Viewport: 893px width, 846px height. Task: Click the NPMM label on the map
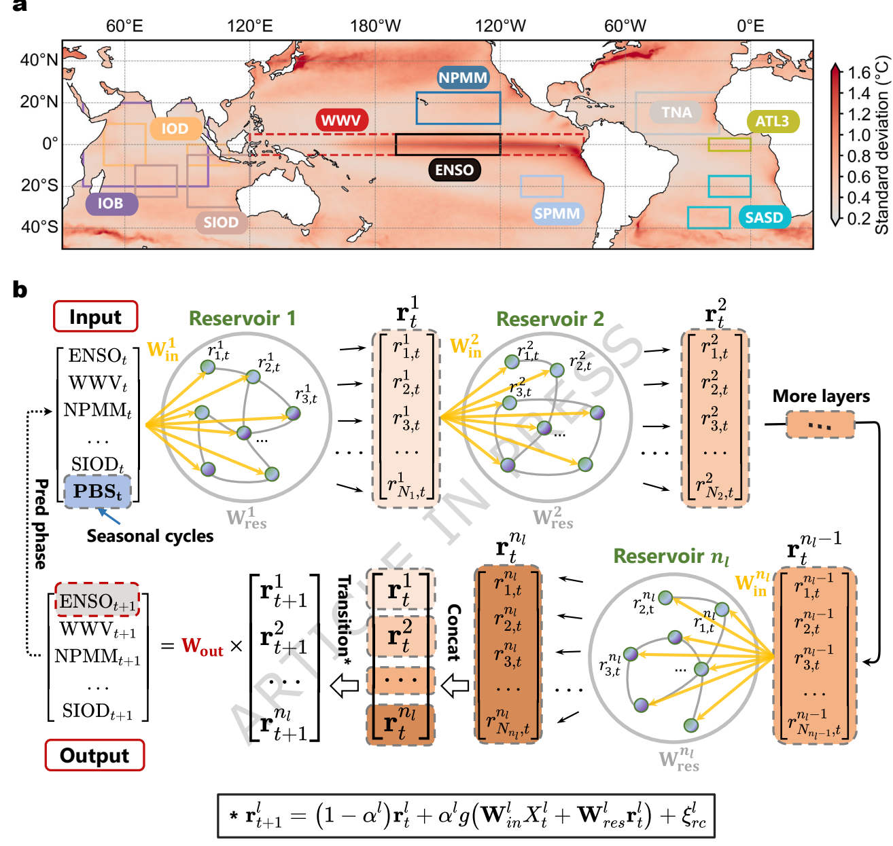pos(463,77)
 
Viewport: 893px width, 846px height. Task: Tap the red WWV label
pos(341,120)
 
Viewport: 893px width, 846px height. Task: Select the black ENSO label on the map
pos(454,170)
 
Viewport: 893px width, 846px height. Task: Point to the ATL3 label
pos(773,121)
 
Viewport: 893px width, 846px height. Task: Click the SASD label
pos(765,217)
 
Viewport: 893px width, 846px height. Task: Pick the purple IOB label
pos(111,203)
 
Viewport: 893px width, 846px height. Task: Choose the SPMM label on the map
pos(557,213)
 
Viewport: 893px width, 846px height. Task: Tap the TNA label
pos(676,112)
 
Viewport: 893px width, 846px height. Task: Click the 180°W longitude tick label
pos(376,26)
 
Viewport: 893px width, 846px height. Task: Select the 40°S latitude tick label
pos(39,226)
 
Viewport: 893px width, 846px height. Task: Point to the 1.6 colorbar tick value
pos(860,73)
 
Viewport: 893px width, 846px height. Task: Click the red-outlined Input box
pos(95,317)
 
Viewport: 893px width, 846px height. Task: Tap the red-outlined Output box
pos(94,755)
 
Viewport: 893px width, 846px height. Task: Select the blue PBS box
pos(97,491)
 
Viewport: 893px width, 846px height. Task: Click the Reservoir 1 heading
pos(242,318)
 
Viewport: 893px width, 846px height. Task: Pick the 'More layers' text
pos(821,396)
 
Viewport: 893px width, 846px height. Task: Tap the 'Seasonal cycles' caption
pos(150,536)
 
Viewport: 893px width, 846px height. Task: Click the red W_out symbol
pos(202,646)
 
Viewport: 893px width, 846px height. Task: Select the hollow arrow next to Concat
pos(455,686)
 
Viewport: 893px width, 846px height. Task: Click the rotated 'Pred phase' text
pos(41,523)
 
